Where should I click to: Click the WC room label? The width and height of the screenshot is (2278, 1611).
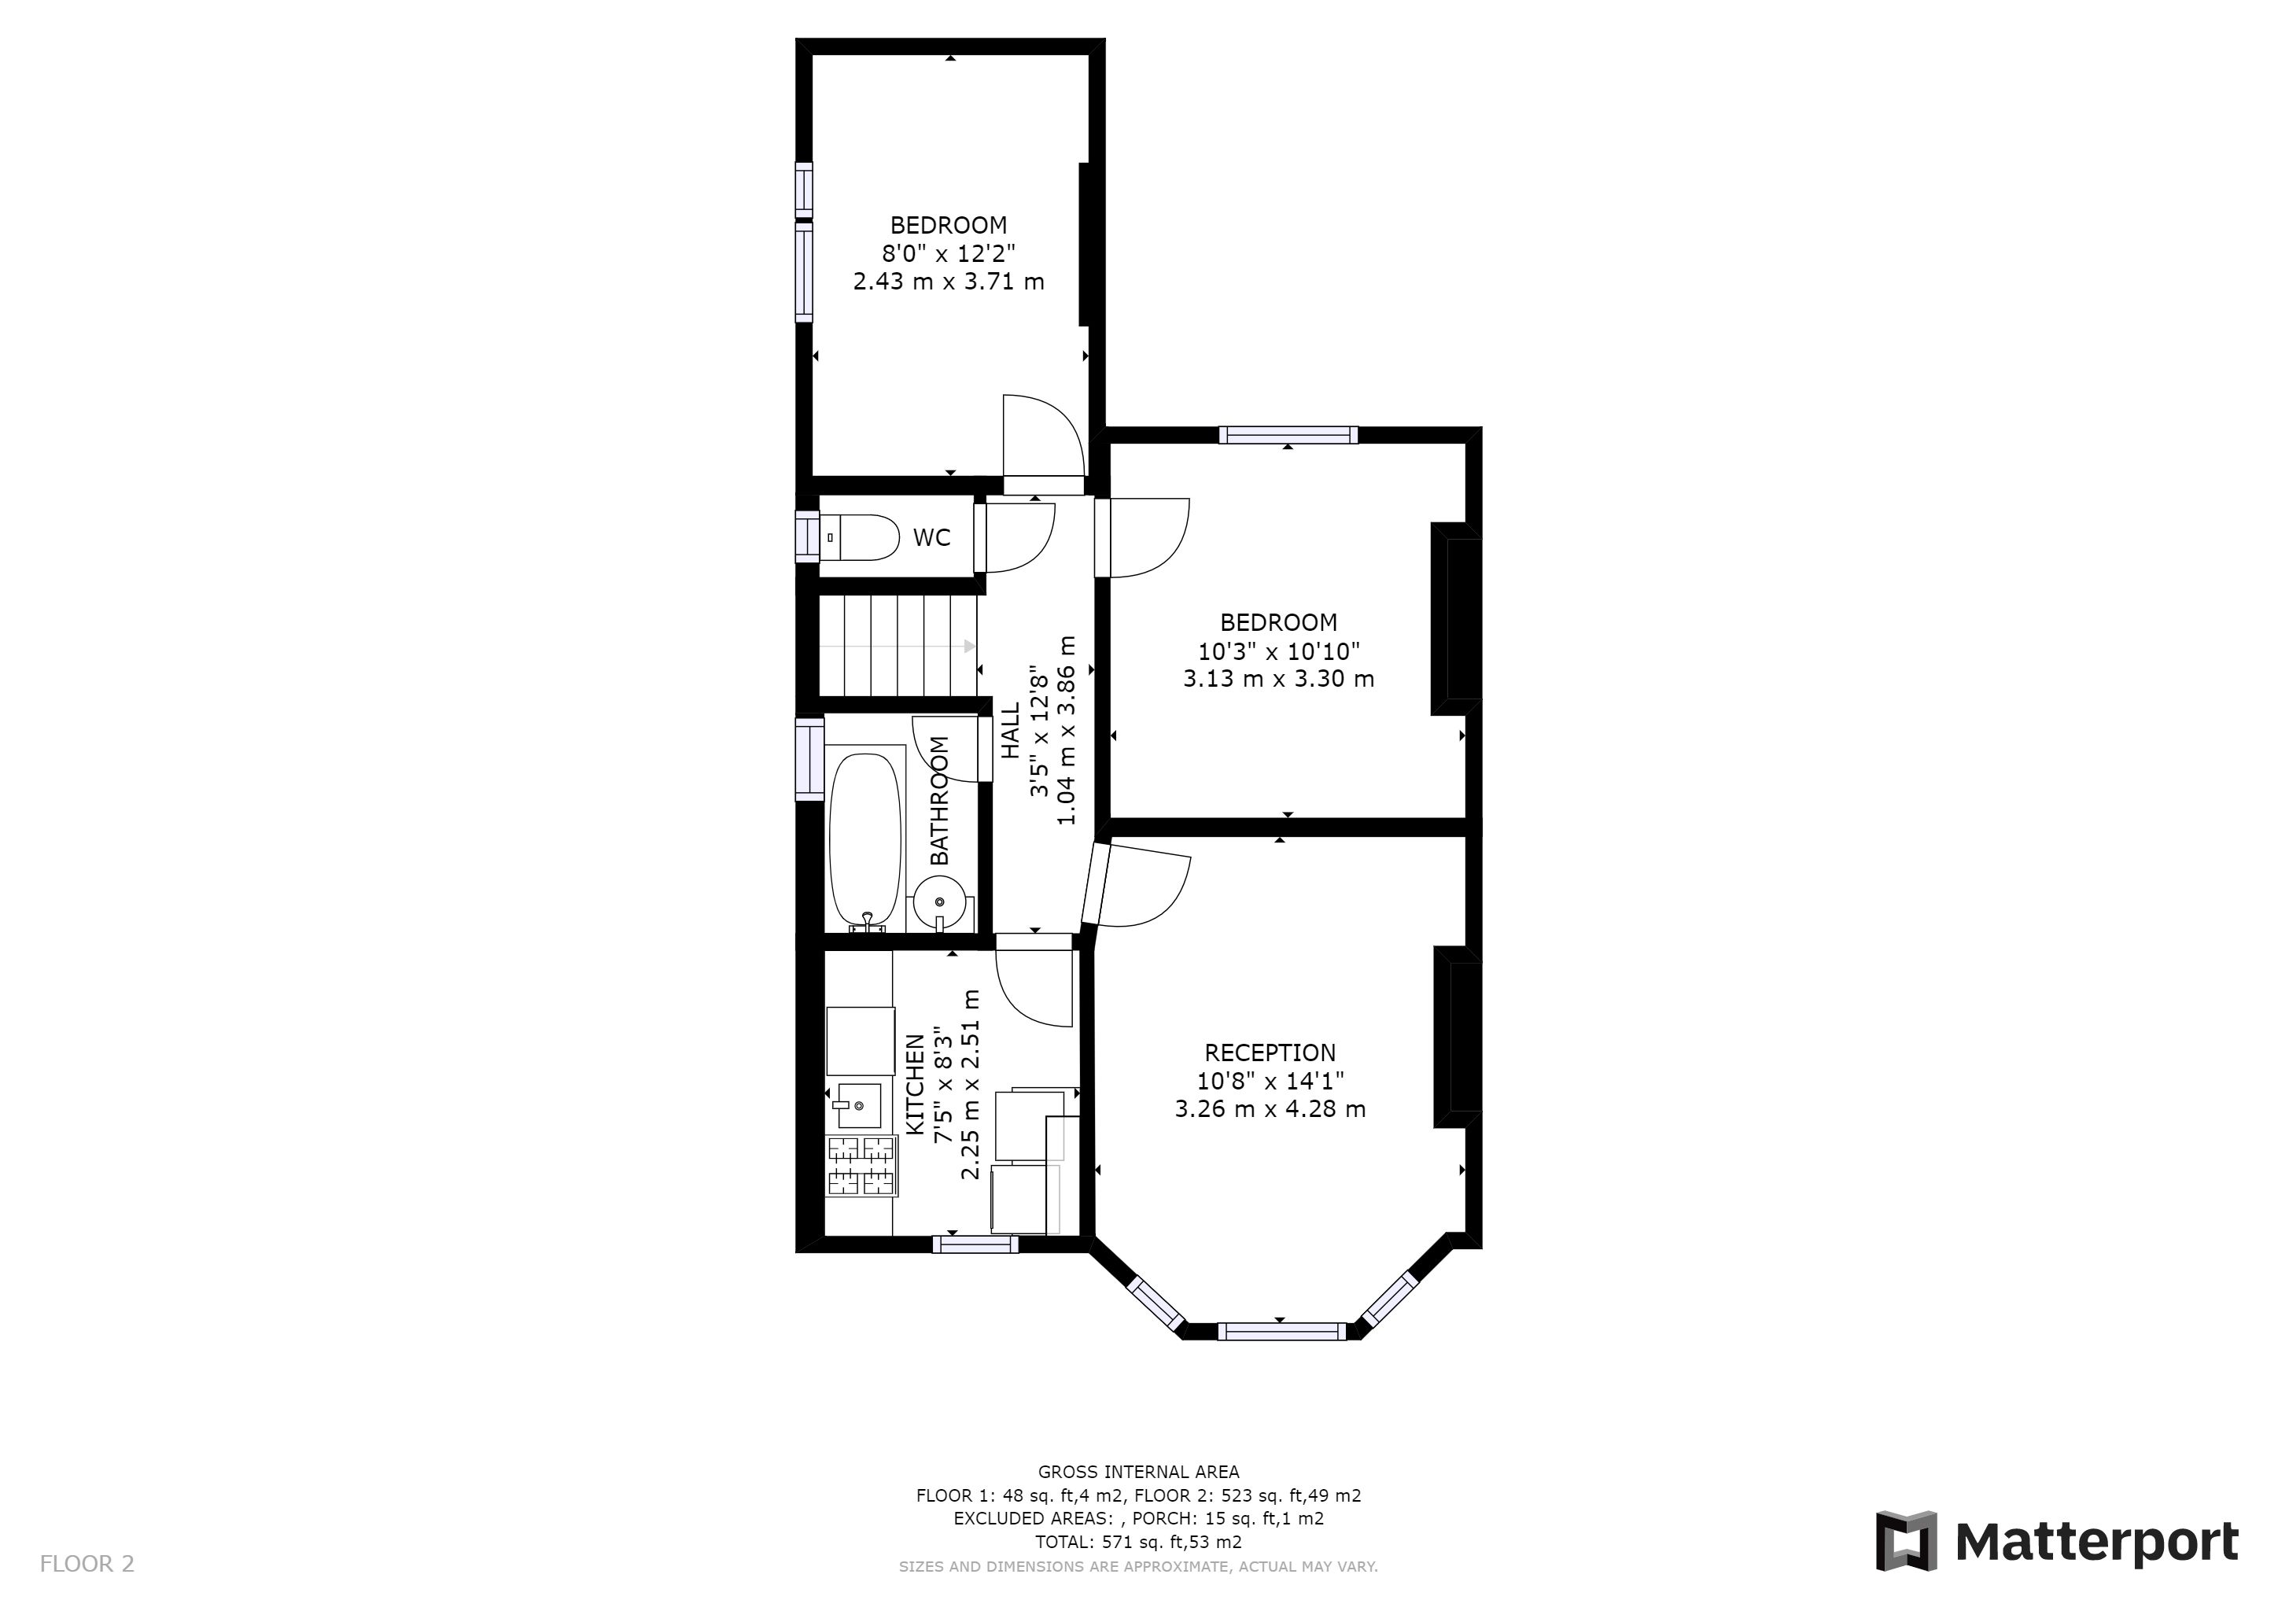point(931,538)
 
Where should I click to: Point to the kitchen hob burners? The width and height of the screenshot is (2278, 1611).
point(861,1167)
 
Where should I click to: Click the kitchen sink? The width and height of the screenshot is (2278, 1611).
point(857,1104)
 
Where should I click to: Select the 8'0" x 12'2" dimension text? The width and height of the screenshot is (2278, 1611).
point(949,253)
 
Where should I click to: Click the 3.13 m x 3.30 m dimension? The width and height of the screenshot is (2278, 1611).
point(1279,679)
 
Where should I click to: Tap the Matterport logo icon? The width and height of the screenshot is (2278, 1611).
point(1905,1540)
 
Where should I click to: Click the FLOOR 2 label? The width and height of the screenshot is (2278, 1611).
point(87,1565)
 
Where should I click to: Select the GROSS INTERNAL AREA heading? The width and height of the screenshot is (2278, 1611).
point(1139,1472)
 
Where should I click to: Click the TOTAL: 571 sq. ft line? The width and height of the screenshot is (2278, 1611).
point(1139,1542)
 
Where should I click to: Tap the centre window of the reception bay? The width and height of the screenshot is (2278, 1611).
point(1282,1331)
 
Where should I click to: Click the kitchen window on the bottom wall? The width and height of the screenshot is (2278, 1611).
point(975,1244)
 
